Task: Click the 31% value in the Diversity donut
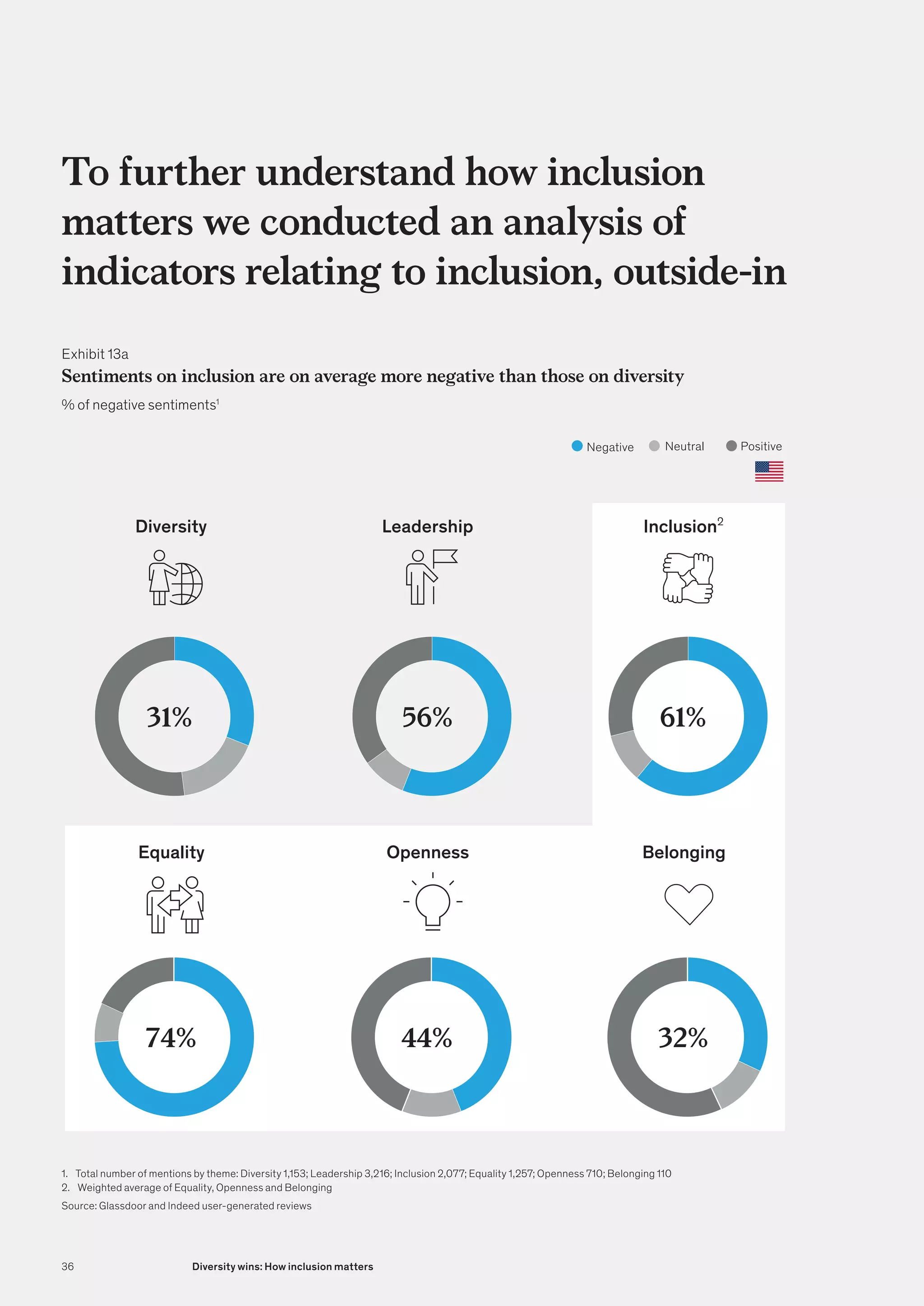tap(169, 717)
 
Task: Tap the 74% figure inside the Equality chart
tap(171, 1038)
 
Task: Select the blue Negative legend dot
tap(577, 446)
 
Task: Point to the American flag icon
tap(769, 472)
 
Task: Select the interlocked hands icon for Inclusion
tap(687, 578)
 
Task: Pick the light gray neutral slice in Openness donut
tap(431, 1104)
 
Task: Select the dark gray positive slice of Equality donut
tap(134, 981)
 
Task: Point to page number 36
tap(68, 1266)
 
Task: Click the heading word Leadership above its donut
tap(427, 527)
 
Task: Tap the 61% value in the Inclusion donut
tap(682, 717)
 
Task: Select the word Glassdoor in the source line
tap(122, 1206)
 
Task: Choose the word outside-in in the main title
tap(699, 272)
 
